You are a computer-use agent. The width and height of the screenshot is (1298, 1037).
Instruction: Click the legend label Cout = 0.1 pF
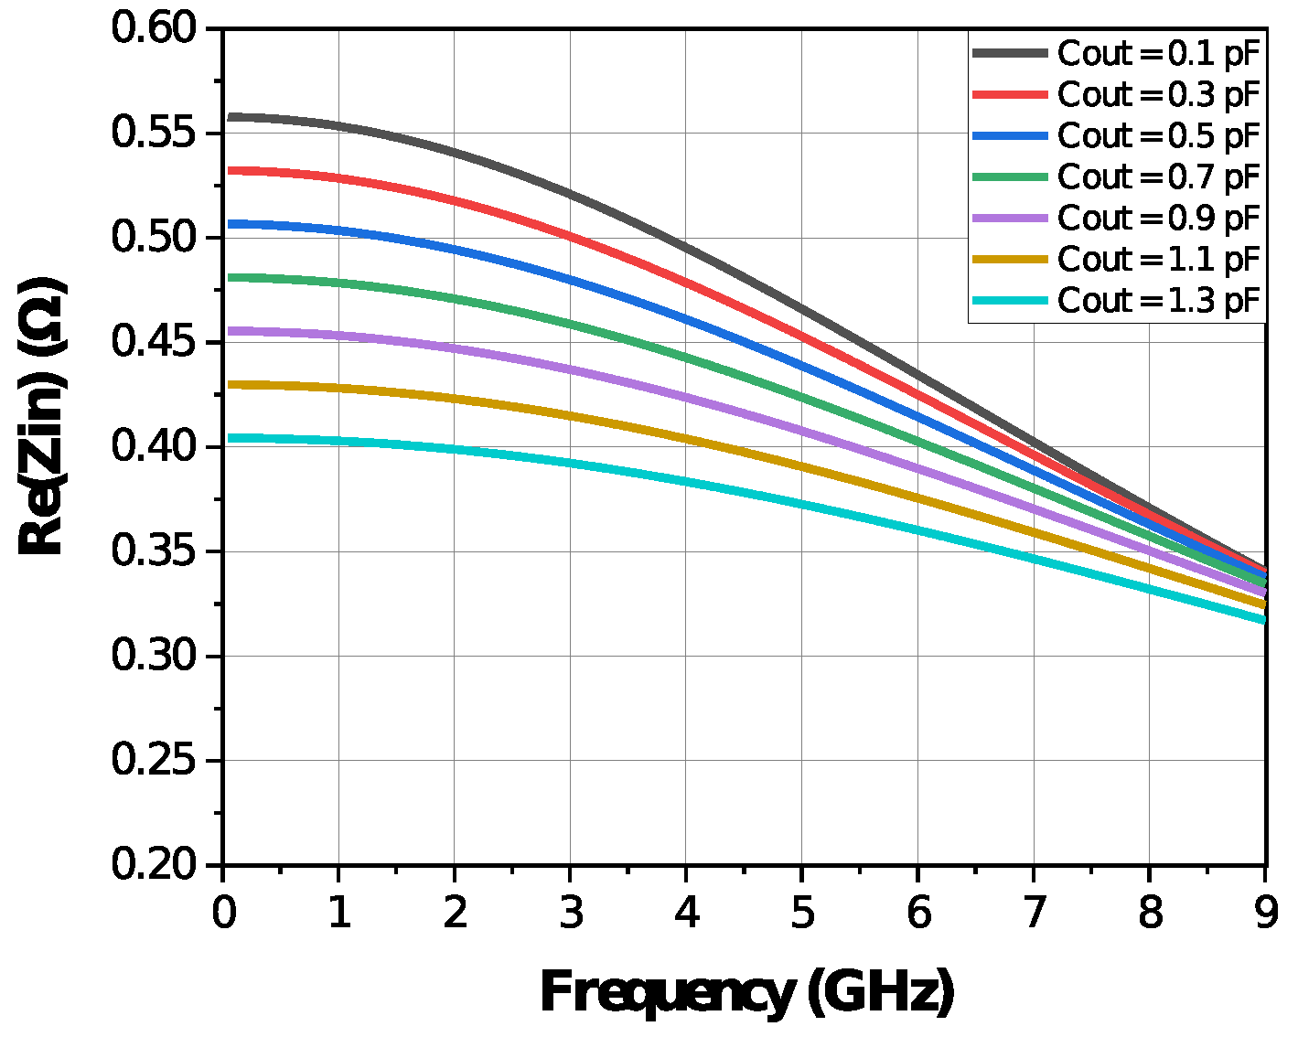(x=1159, y=54)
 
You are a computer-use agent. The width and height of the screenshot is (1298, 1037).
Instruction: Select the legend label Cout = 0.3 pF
(x=1159, y=95)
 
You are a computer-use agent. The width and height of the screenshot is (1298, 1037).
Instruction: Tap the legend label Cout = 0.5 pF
(x=1159, y=136)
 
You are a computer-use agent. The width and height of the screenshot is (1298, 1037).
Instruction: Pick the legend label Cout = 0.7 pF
(x=1159, y=177)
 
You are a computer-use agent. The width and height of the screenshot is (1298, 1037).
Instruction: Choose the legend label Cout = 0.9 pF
(x=1159, y=219)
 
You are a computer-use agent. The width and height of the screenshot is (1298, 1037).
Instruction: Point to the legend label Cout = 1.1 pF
(x=1159, y=260)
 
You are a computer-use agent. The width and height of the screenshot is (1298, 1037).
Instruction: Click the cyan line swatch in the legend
(x=1010, y=301)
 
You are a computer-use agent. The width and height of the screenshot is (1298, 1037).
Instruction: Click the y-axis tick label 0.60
(x=154, y=28)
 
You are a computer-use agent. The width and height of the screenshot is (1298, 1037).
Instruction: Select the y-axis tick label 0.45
(x=154, y=342)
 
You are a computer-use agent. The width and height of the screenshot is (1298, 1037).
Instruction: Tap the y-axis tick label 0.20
(x=154, y=864)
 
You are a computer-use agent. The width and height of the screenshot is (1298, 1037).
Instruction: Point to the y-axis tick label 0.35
(x=154, y=551)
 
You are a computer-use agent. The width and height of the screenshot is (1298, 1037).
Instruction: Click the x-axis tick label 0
(x=223, y=913)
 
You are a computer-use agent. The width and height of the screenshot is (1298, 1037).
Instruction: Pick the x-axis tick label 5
(x=802, y=913)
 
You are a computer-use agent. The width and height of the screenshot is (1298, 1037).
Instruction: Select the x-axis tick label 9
(x=1265, y=913)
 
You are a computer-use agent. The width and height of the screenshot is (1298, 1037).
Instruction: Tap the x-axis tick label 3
(x=571, y=913)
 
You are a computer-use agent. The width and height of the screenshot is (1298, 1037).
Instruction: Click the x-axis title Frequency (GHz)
(x=746, y=993)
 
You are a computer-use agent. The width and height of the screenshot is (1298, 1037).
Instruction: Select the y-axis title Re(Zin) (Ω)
(x=42, y=417)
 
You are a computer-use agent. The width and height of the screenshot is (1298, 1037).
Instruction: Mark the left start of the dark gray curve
(x=230, y=117)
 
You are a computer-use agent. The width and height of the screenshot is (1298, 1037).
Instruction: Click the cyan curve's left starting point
(x=230, y=438)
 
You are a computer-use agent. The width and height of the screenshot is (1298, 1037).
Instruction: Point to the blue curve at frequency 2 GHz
(x=455, y=249)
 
